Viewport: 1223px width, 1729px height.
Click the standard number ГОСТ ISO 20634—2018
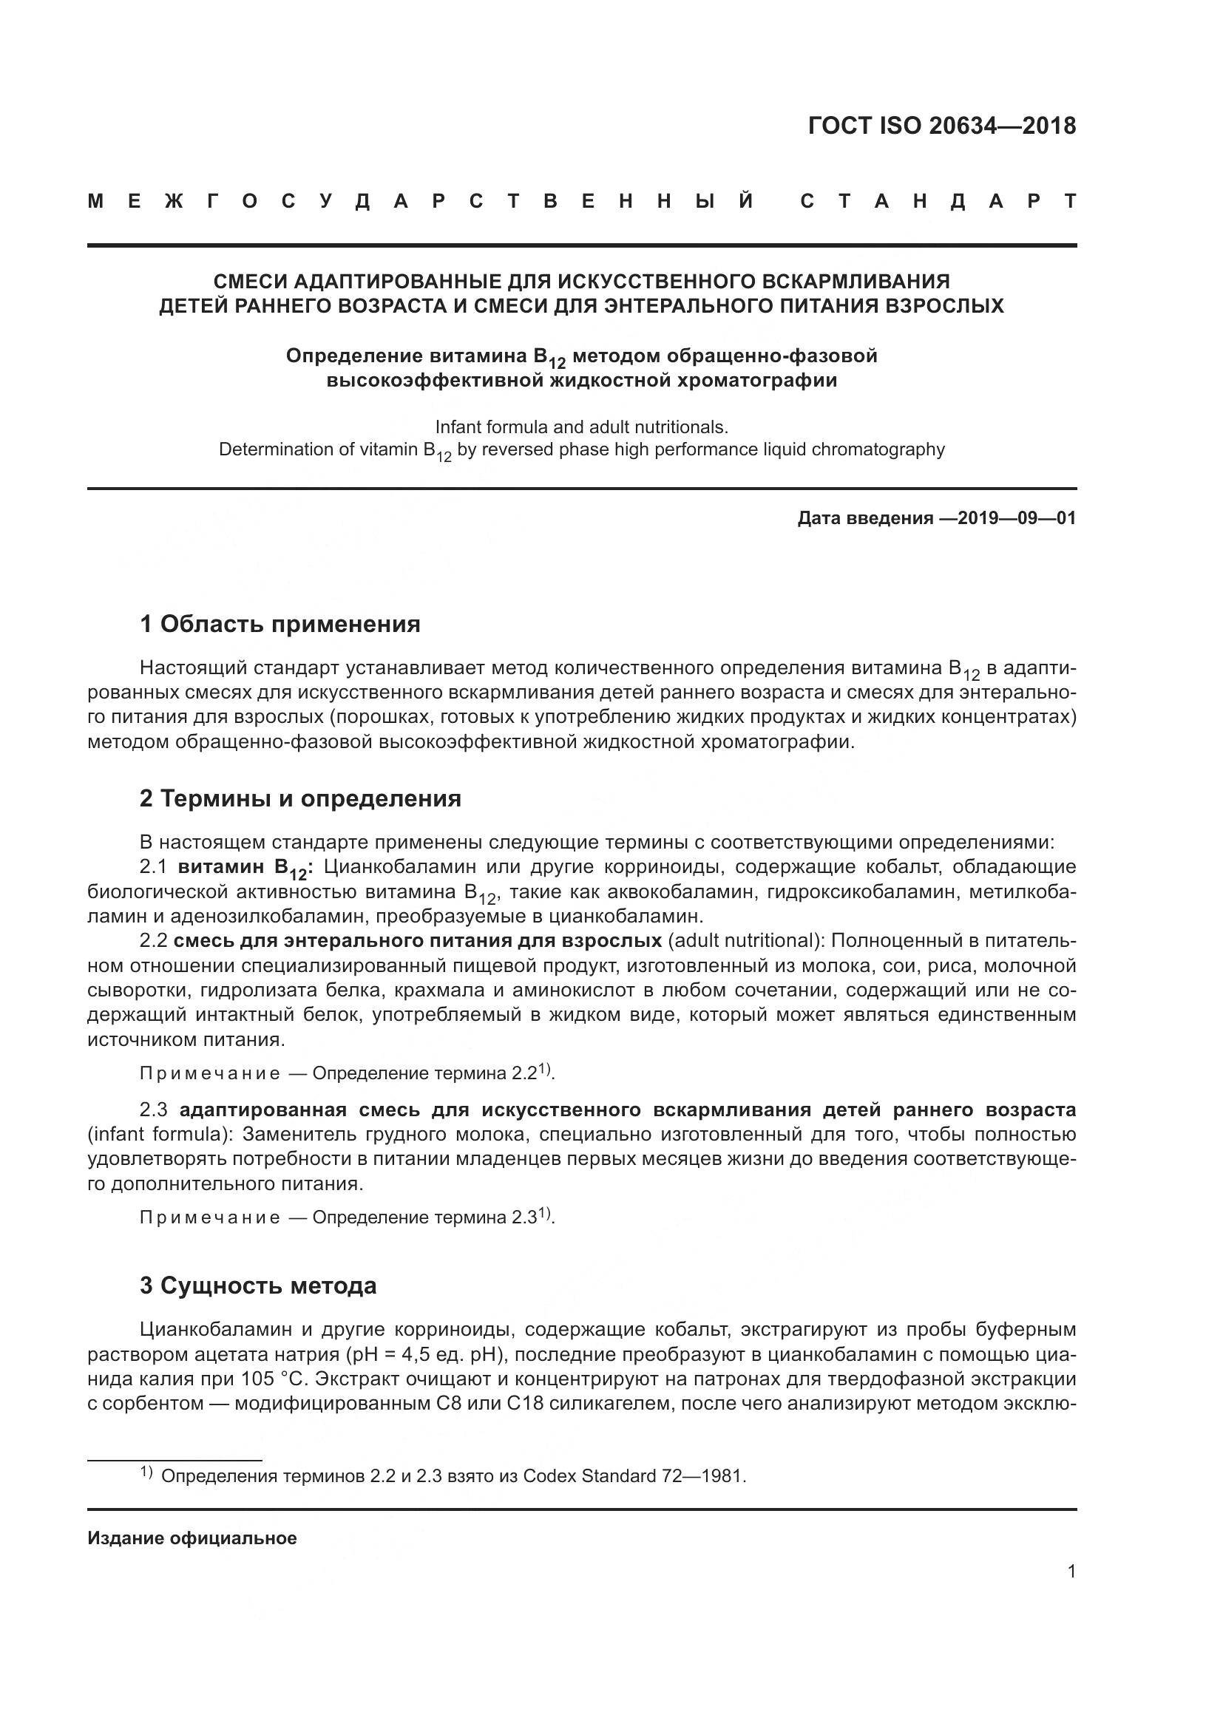pos(941,125)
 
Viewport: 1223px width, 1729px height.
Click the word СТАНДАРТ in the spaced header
pos(938,202)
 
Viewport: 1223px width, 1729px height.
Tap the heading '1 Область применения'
pos(280,624)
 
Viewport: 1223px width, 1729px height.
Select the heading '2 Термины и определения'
pos(299,798)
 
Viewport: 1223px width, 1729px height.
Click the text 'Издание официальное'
pos(192,1538)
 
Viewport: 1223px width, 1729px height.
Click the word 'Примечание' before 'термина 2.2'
pos(209,1073)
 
